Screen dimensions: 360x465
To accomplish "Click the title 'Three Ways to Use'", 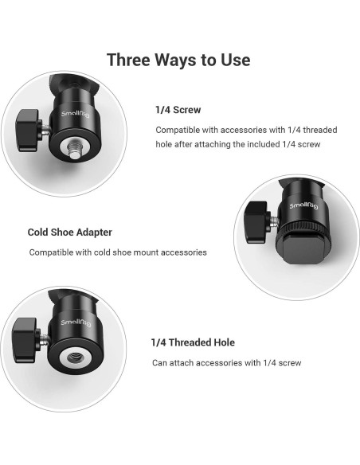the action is click(x=178, y=60).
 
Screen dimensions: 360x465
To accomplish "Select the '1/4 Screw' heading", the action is click(x=178, y=110).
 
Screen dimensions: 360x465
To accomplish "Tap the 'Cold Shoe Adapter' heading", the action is click(x=69, y=232).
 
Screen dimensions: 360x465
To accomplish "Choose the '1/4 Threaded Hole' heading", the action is click(x=193, y=342).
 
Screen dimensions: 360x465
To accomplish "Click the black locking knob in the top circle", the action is click(x=28, y=131).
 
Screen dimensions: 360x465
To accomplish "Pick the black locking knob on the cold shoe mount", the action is click(x=256, y=222).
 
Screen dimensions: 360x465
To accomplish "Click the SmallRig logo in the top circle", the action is click(x=76, y=114).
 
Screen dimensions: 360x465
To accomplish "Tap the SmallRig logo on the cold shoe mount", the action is click(x=303, y=205).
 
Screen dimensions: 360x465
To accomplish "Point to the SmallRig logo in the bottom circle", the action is click(x=76, y=322).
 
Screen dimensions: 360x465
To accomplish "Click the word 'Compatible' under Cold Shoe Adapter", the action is click(x=51, y=252).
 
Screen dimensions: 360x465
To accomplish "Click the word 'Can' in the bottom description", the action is click(x=159, y=363).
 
